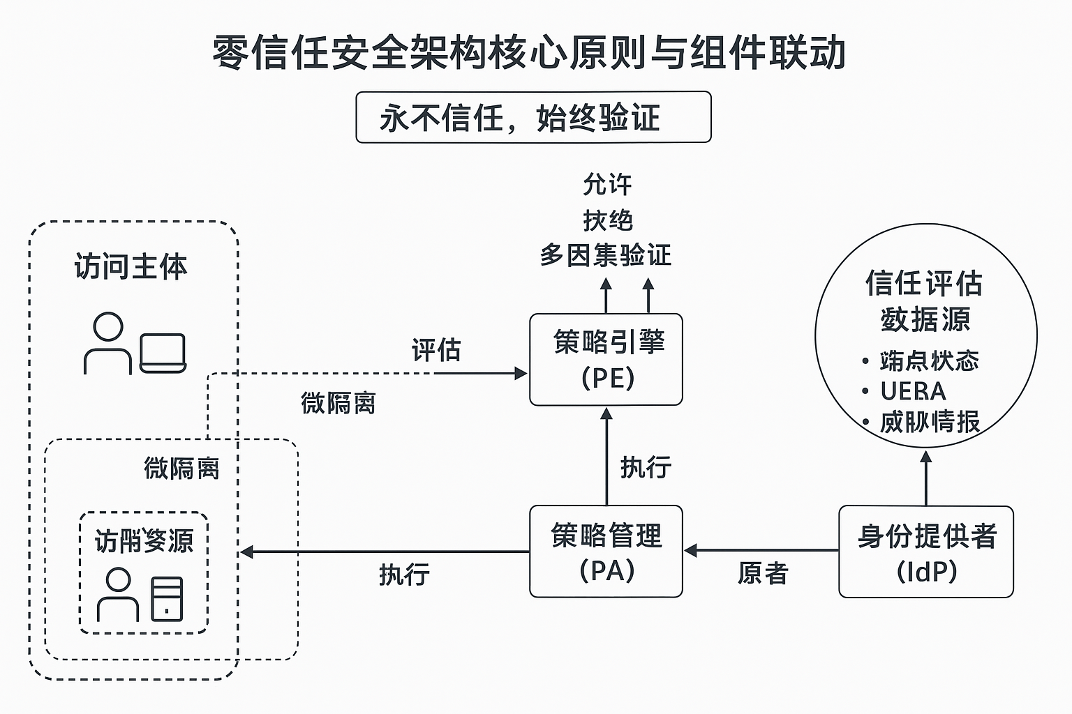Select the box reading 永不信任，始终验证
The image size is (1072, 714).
533,117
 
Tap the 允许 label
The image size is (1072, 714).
607,185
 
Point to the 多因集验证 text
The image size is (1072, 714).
606,255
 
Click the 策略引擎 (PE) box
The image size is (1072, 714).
606,360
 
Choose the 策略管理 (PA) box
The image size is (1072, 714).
606,552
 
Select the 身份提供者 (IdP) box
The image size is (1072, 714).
925,552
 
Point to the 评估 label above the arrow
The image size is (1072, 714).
436,350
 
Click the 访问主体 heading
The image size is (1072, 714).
131,267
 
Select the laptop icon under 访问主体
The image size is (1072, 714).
163,353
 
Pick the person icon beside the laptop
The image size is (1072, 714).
107,343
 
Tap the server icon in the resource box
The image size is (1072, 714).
167,598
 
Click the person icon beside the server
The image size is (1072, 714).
118,595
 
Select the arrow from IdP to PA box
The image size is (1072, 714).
761,551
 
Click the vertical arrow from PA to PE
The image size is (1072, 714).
606,456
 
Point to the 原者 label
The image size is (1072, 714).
763,574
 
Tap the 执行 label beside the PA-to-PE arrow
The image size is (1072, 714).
646,467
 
